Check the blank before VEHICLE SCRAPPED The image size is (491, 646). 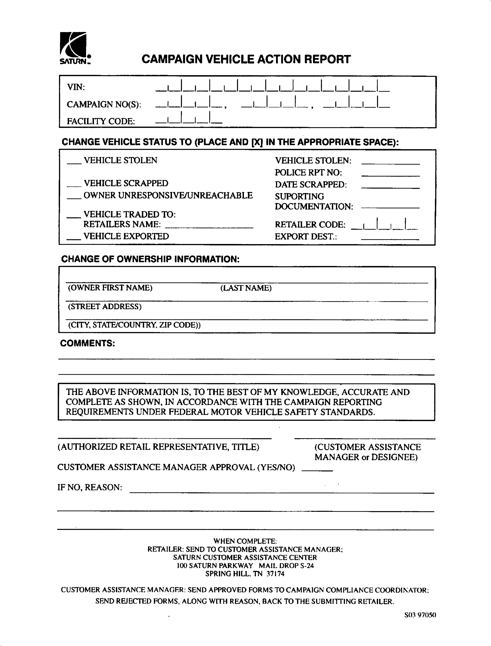[x=74, y=184]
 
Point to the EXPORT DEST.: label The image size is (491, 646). [x=306, y=236]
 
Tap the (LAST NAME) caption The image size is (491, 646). [x=246, y=288]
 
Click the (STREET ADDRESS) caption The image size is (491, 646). [x=105, y=307]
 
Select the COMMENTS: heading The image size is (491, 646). [x=87, y=343]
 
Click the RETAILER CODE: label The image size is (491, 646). [x=310, y=225]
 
